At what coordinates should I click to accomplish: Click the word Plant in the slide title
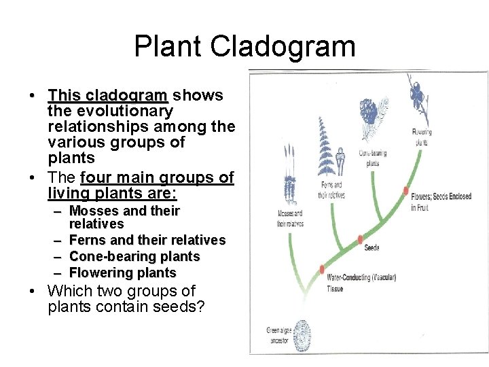[x=168, y=47]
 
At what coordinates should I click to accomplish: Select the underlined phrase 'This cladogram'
[x=107, y=95]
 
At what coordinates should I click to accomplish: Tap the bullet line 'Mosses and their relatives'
[x=124, y=217]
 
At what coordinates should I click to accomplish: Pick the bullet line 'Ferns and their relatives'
[x=147, y=240]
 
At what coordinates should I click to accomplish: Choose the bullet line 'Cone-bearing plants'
[x=134, y=256]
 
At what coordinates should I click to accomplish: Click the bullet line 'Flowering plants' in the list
[x=122, y=273]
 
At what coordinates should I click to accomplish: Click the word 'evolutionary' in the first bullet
[x=110, y=111]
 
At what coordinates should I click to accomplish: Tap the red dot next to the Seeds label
[x=360, y=239]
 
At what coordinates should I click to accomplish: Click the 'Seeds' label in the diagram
[x=372, y=248]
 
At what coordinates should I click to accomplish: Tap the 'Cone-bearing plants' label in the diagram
[x=373, y=158]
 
